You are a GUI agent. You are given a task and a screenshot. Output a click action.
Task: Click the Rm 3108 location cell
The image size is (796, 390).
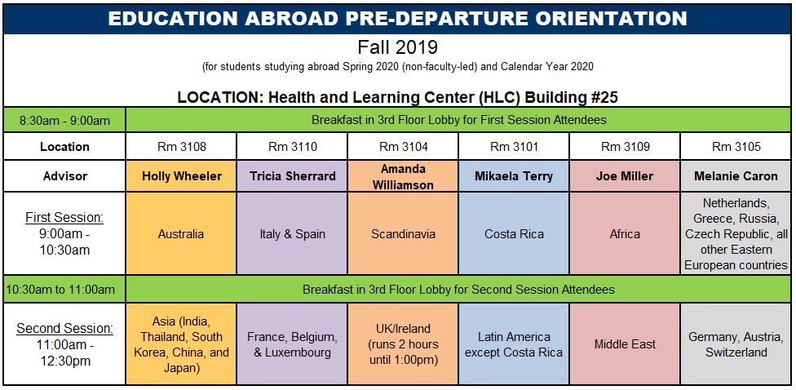pos(181,147)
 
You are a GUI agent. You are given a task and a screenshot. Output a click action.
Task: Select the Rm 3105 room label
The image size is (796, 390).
pos(736,147)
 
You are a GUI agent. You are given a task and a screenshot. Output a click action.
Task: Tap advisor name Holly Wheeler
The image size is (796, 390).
pos(182,176)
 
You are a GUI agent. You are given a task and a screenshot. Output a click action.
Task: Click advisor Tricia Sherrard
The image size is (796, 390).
pos(293,176)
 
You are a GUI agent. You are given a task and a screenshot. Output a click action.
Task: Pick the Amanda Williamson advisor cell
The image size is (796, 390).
pos(403,176)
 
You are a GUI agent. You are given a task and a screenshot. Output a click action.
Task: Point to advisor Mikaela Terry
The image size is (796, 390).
pos(514,176)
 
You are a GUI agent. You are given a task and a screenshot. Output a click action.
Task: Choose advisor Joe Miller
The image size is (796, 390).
pos(625,176)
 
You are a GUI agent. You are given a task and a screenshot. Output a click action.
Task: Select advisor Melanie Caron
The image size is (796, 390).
pos(736,176)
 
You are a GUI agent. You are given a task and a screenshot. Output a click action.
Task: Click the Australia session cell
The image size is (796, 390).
pos(181,233)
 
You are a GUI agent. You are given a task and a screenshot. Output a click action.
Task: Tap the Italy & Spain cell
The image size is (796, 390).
pos(292,233)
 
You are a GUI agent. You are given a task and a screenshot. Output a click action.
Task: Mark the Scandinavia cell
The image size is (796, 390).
pos(403,233)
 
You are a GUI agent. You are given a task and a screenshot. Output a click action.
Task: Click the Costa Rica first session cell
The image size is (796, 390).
pos(514,233)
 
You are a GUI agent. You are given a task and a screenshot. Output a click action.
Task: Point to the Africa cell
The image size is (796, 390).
pos(625,233)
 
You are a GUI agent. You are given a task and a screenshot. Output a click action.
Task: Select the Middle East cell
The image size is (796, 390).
pos(625,343)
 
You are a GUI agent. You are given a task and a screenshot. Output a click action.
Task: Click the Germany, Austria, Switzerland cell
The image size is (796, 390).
pos(736,343)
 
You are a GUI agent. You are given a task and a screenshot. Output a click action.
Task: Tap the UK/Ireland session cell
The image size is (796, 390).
pos(403,343)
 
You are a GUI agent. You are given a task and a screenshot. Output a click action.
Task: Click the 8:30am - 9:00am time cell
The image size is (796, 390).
pos(64,121)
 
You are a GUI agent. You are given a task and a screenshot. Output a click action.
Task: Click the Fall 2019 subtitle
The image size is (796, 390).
pos(397,48)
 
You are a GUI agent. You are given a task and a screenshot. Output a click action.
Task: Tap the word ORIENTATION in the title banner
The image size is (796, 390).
pos(596,18)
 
